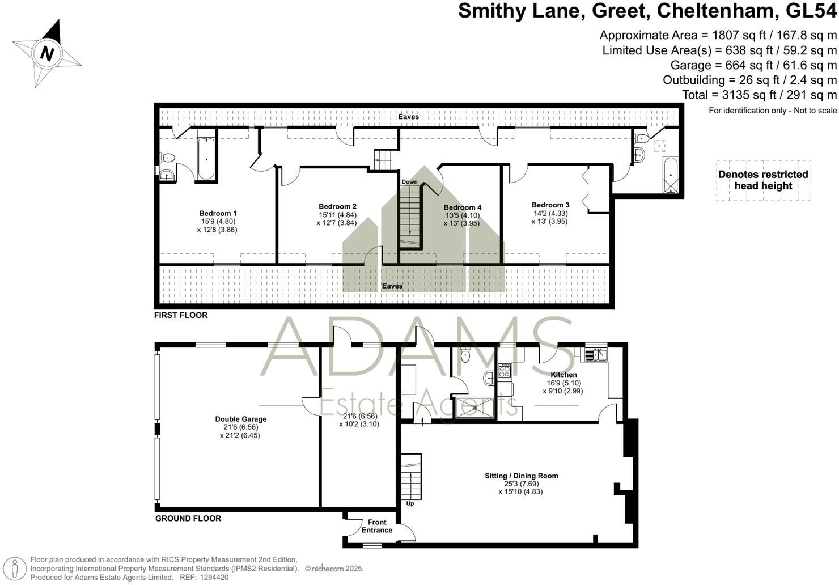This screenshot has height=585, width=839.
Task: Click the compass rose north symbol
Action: coord(48,54)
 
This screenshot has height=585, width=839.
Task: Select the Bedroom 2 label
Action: coord(337,207)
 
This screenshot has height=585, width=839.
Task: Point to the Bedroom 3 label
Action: coord(550,205)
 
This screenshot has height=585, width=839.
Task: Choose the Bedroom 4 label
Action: coord(462,207)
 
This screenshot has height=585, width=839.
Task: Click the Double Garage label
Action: coord(240,419)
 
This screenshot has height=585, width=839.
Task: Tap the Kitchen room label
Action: coord(563,375)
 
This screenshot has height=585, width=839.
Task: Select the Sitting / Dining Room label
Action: coord(521,476)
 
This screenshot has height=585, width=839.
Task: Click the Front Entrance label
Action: coord(377,526)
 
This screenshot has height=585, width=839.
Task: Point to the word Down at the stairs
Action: coord(409,182)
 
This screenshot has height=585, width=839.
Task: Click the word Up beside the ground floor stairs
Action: coord(410,503)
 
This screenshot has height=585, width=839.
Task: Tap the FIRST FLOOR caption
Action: coord(181,315)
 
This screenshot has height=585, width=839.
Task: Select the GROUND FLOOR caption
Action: coord(188,518)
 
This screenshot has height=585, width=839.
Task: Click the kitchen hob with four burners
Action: coord(504,371)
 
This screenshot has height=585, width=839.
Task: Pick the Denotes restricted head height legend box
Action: coord(763,180)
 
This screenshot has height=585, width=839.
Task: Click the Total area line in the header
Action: coord(759,95)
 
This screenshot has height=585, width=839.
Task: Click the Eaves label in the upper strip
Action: coord(408,117)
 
